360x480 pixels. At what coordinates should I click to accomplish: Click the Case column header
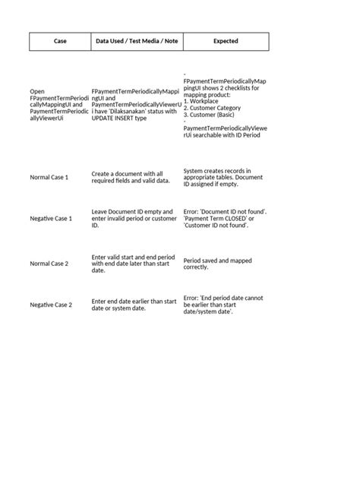60,41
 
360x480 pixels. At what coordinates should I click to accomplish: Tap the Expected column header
225,41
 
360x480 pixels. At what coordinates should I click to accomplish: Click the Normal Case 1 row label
49,177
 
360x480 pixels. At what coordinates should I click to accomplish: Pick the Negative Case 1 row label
51,219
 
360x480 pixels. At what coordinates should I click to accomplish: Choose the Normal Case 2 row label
49,263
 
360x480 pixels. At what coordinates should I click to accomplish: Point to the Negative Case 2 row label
51,305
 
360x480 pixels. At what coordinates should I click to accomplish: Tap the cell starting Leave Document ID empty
134,219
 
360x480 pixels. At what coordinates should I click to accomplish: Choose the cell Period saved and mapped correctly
219,263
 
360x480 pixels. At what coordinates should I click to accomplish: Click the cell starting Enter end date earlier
134,305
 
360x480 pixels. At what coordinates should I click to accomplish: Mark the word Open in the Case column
37,90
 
